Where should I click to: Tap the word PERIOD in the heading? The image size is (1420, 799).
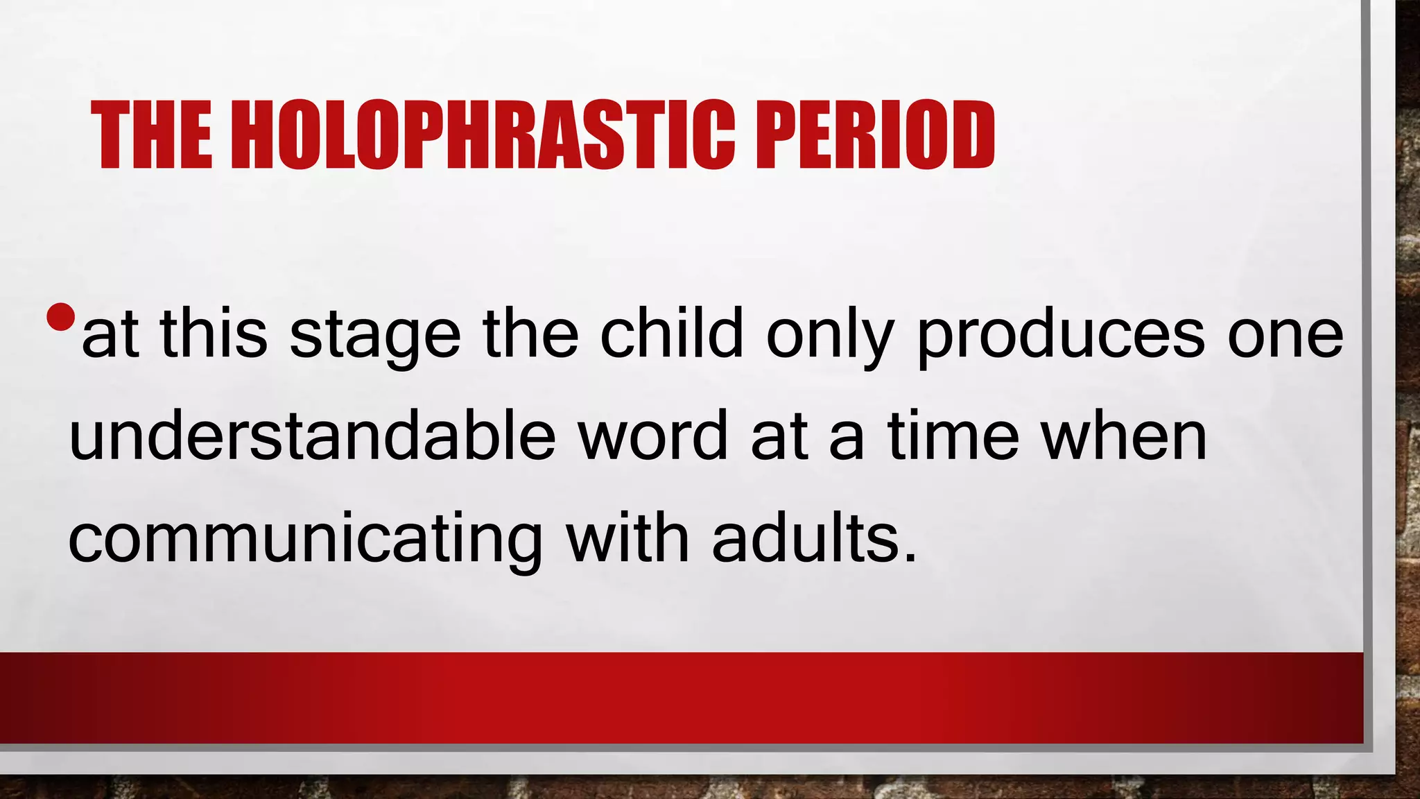tap(876, 135)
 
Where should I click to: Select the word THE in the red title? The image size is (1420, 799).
tap(152, 135)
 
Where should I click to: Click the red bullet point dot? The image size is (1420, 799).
tap(61, 317)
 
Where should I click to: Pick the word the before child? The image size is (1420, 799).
tap(530, 334)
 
